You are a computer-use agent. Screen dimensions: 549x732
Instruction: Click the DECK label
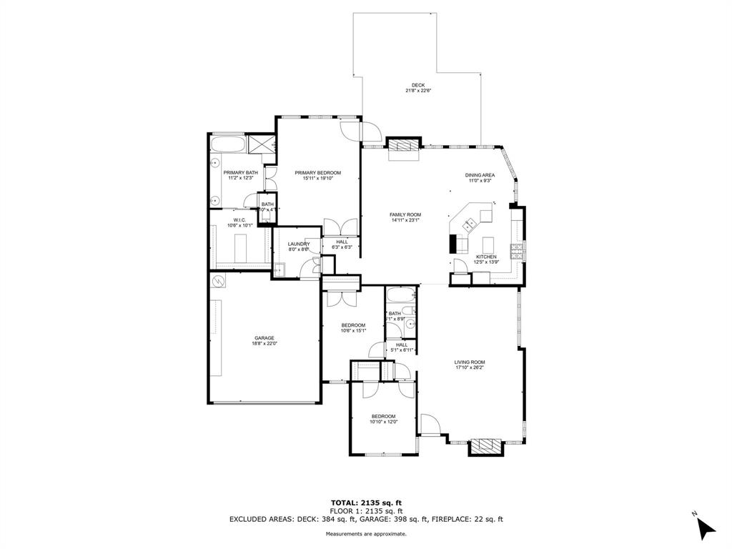point(418,85)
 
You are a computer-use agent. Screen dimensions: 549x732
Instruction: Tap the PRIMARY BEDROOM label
point(318,173)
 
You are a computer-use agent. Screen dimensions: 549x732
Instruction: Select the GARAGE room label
point(264,338)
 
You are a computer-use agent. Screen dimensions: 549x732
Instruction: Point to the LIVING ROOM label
point(470,362)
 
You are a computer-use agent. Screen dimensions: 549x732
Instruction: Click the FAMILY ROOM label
point(405,215)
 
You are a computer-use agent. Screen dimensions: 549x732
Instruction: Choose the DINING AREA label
point(480,175)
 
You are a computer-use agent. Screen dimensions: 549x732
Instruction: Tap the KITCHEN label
point(486,257)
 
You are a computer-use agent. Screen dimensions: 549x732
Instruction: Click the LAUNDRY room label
point(299,244)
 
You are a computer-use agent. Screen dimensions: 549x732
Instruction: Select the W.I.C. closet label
point(239,220)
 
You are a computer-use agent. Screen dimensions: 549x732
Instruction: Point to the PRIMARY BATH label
point(240,173)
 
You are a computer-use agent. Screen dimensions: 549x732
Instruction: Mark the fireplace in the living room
point(485,447)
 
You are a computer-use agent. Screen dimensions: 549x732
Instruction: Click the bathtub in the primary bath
point(228,145)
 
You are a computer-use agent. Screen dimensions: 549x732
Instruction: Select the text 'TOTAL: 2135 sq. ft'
point(366,503)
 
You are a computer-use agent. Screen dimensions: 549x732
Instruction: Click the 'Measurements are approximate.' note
point(366,534)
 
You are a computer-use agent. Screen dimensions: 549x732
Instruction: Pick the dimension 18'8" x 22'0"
point(264,344)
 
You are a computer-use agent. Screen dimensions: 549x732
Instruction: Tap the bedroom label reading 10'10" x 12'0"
point(383,422)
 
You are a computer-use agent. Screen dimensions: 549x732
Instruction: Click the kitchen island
point(489,242)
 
